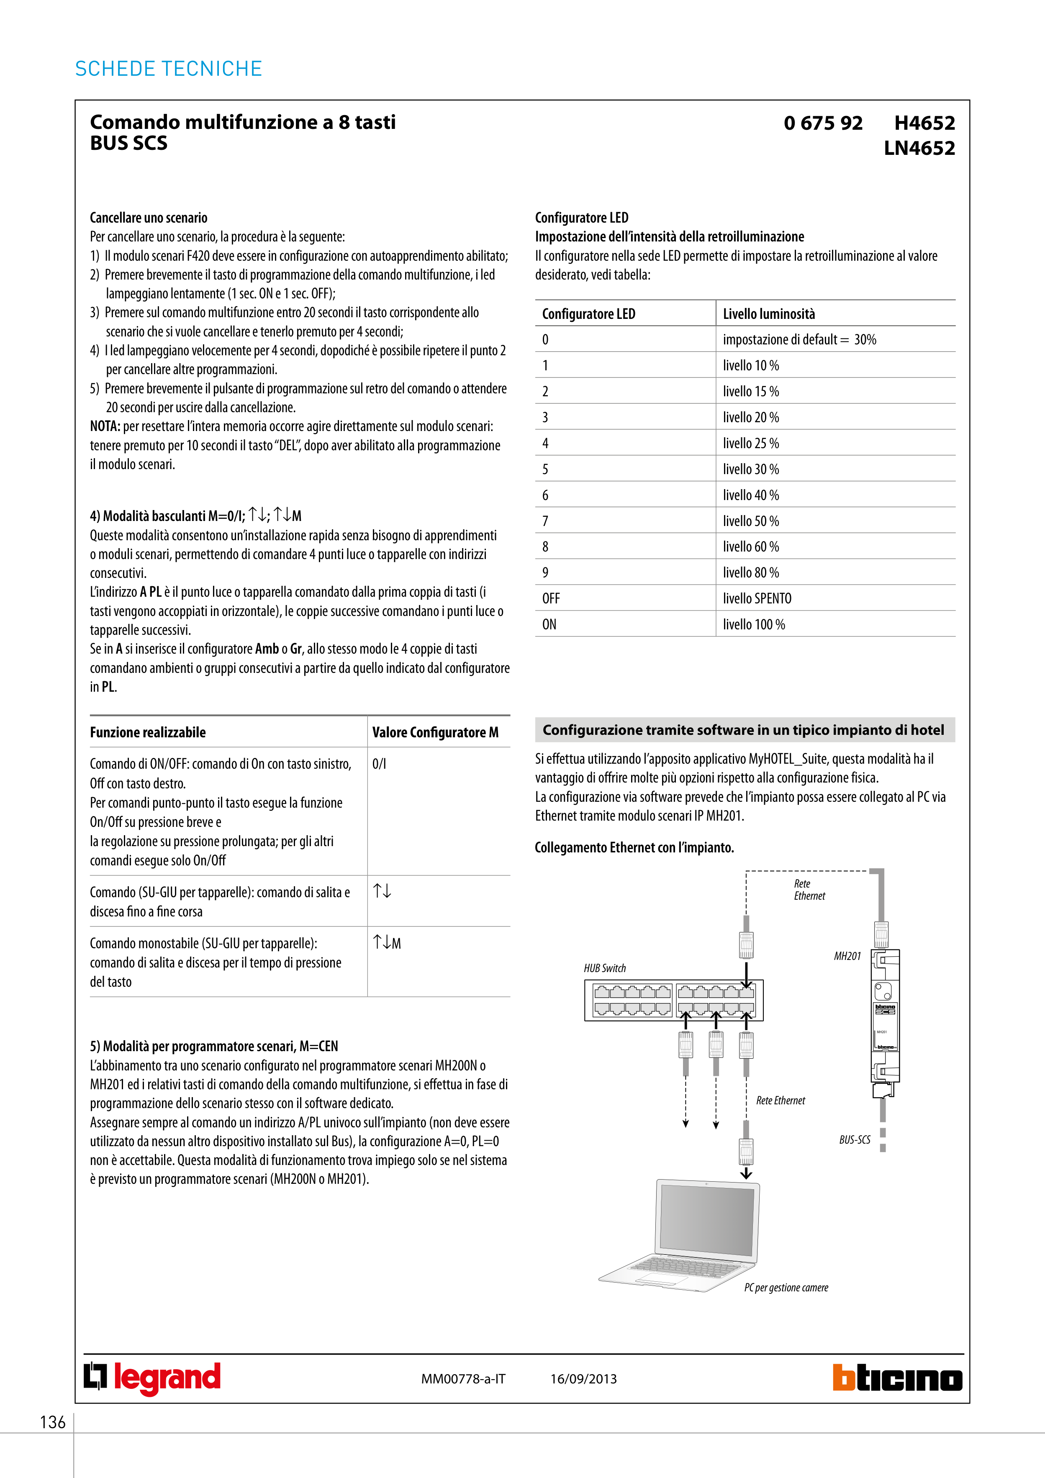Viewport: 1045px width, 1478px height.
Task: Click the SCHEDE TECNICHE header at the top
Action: [169, 69]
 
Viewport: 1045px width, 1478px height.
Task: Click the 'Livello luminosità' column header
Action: [769, 314]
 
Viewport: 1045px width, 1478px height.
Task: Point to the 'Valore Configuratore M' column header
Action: [435, 733]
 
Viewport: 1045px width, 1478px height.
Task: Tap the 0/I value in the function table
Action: [379, 764]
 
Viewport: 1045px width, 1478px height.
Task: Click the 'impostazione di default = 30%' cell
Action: [799, 340]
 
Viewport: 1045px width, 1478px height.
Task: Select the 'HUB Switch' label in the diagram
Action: [605, 968]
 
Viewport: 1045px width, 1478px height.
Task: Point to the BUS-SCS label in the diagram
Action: [855, 1140]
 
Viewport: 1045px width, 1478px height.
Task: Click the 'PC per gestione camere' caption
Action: [786, 1288]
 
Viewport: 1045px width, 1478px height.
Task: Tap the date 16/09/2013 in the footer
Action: [583, 1379]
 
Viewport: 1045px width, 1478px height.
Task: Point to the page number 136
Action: [53, 1422]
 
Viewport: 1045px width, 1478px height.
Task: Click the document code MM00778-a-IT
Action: [463, 1379]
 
